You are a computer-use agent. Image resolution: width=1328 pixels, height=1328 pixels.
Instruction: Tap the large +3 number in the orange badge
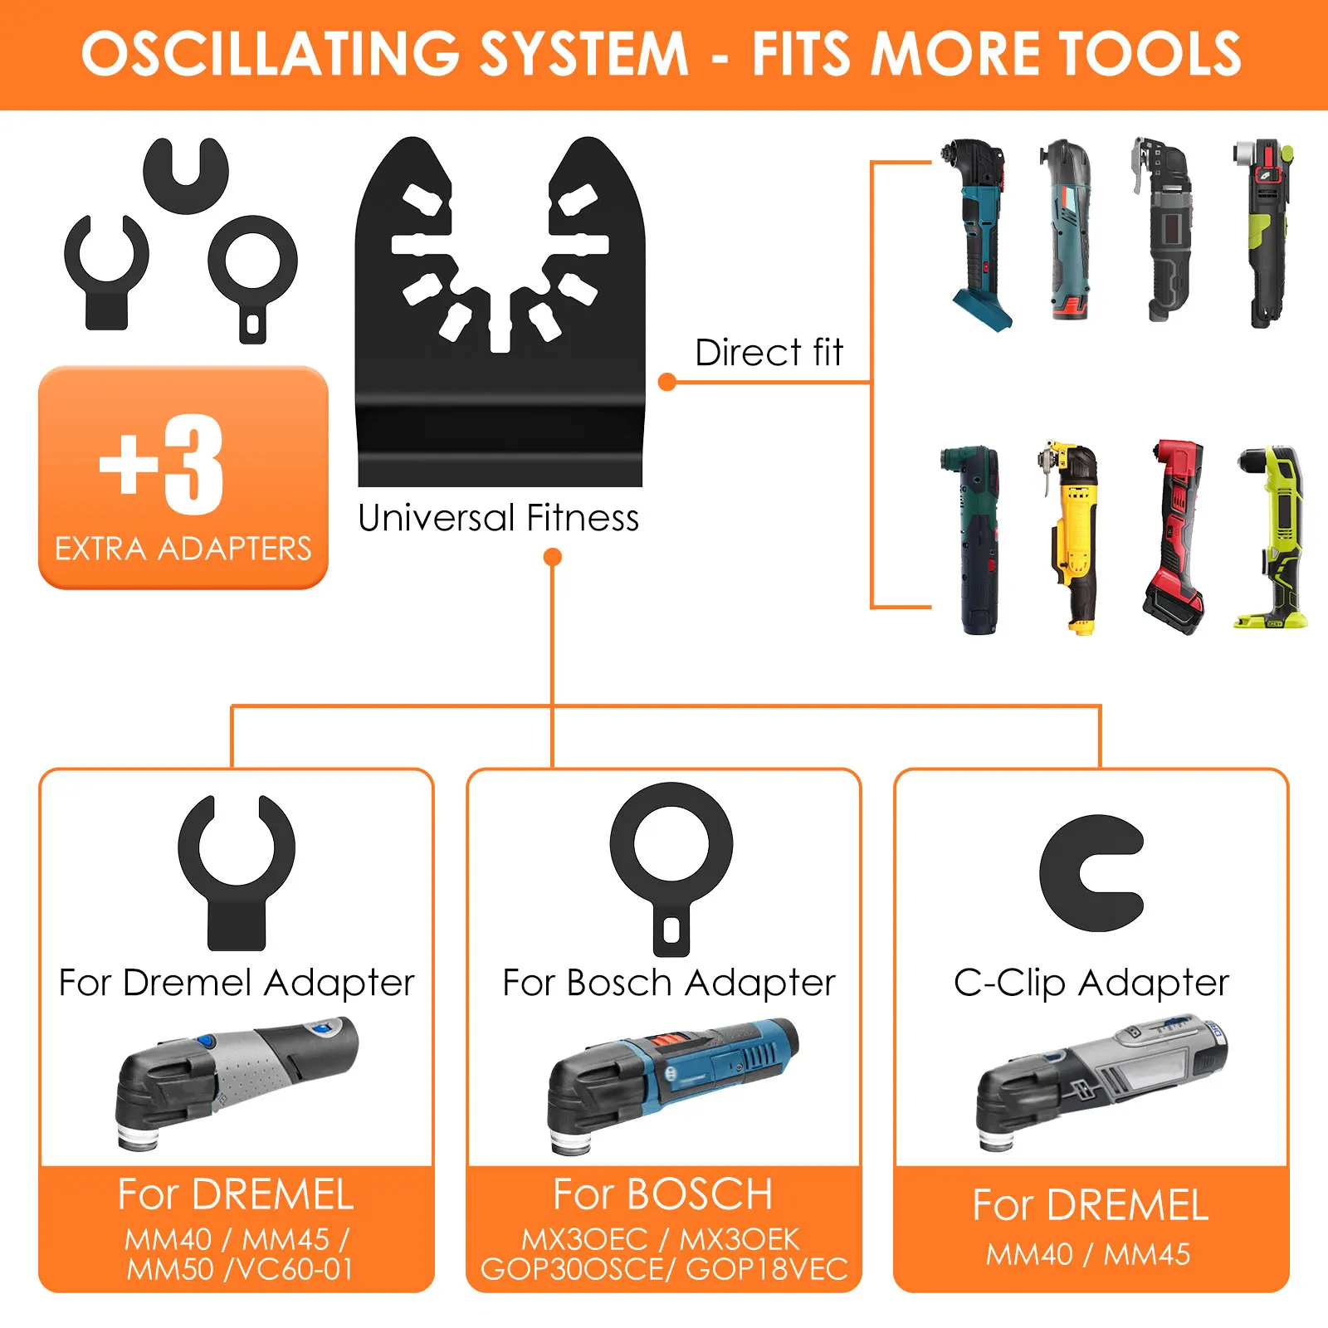tap(163, 465)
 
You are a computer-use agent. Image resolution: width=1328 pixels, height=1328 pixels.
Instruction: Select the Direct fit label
tap(769, 353)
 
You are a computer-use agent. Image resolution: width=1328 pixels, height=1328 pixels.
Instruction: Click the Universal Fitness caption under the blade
tap(498, 518)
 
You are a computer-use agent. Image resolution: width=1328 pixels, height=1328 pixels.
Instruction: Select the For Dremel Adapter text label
tap(237, 983)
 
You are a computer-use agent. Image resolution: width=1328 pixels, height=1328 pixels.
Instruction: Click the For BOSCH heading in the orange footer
tap(663, 1194)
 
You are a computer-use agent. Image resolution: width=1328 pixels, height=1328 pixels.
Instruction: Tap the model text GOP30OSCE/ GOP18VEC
tap(664, 1269)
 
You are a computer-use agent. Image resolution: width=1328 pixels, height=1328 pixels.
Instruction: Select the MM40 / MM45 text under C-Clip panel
tap(1088, 1254)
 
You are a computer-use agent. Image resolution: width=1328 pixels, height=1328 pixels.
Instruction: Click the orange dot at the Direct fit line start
tap(666, 382)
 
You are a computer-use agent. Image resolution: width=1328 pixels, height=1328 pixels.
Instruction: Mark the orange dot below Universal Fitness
tap(552, 557)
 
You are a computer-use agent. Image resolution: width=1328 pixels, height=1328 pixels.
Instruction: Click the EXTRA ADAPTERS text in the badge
tap(183, 549)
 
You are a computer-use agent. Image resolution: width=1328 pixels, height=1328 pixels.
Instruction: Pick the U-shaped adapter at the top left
tap(186, 174)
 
